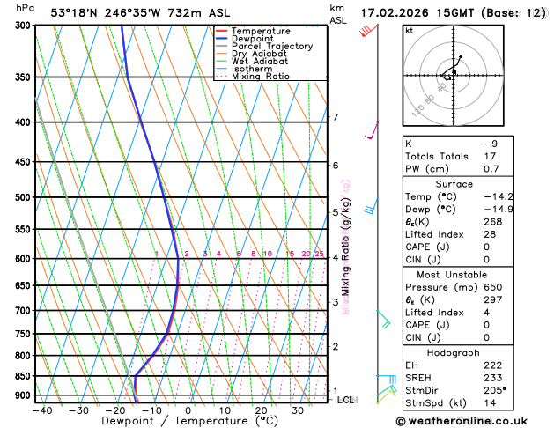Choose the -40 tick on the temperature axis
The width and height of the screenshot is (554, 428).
coord(41,410)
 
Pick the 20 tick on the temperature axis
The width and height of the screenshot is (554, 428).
coord(261,410)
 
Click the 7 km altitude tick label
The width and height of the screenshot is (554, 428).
coord(335,117)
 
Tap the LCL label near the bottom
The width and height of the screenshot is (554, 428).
coord(345,400)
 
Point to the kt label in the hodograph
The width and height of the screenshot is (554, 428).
coord(410,31)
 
